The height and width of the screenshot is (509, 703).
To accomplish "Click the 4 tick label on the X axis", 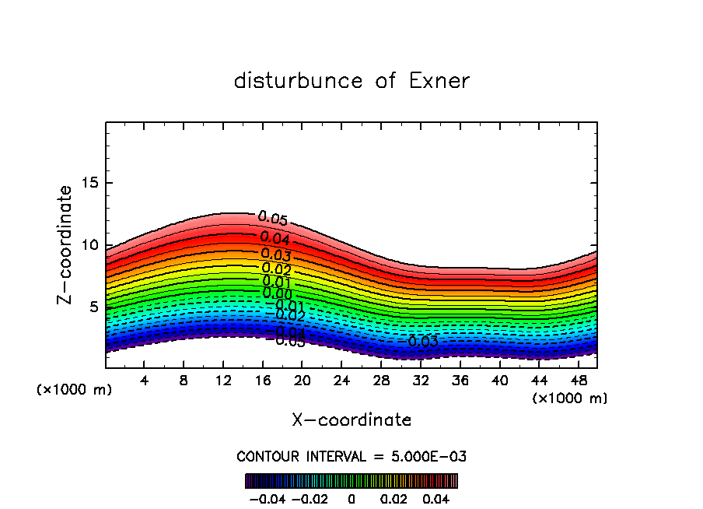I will tap(145, 381).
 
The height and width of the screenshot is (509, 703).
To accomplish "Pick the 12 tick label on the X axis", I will tap(223, 381).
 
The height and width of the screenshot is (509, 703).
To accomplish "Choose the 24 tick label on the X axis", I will tap(341, 381).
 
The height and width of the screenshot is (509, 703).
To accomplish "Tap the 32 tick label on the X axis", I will tap(421, 381).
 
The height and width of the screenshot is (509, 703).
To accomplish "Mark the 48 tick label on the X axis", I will tap(578, 381).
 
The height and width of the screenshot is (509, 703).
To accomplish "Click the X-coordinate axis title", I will tap(351, 420).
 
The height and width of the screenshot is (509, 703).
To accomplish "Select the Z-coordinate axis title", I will tap(65, 244).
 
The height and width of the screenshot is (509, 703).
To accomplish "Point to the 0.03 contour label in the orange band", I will tap(276, 254).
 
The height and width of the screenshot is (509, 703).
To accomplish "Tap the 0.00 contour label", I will tap(277, 293).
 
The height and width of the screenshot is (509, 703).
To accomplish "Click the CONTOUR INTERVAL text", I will tap(351, 456).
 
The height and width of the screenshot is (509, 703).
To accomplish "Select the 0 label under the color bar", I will tap(351, 498).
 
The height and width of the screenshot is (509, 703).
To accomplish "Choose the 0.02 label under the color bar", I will tap(393, 498).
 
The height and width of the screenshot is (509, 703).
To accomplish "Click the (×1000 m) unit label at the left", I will tap(75, 390).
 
